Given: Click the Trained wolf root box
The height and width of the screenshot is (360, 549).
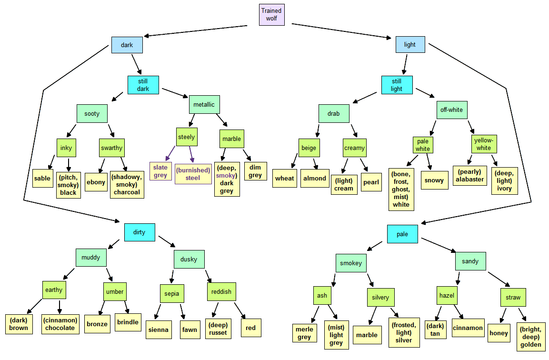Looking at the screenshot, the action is pos(272,15).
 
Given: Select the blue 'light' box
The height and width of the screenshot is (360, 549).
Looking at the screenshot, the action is pos(410,44).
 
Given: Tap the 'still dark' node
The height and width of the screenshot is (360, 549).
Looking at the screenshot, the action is pos(143,85).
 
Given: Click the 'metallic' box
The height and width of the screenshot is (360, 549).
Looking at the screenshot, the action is pos(204,104).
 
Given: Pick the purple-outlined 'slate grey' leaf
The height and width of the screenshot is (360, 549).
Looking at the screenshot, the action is pos(160,171).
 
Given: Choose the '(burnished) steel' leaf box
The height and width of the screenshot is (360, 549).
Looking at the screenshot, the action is pos(193,174).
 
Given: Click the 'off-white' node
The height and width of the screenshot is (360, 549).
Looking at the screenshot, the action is pos(452,110).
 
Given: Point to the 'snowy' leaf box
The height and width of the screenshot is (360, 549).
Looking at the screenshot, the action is pos(434,180).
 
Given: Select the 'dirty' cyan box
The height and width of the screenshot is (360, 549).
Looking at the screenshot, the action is pos(140,232).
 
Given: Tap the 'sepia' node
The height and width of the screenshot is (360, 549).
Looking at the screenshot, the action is pos(171,293).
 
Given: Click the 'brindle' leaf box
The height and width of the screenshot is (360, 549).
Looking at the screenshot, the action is pos(128,322).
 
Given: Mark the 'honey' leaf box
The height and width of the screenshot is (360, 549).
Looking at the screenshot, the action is pos(499,333).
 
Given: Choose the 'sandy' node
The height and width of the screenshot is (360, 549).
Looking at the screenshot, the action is pos(470,261).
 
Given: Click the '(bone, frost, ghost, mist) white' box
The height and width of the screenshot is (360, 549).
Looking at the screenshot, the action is pos(401,190).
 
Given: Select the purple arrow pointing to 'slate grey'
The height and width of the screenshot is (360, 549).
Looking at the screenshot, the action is pos(170,153).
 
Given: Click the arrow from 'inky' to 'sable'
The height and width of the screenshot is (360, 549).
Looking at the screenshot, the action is pos(51,162).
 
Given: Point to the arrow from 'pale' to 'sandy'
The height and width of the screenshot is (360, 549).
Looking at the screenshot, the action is pos(439,245).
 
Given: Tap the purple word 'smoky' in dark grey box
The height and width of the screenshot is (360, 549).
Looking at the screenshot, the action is pos(226,175).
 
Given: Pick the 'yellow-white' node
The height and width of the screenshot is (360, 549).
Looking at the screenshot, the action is pos(484,144).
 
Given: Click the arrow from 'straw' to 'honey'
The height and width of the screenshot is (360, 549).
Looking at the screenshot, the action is pos(503,315).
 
